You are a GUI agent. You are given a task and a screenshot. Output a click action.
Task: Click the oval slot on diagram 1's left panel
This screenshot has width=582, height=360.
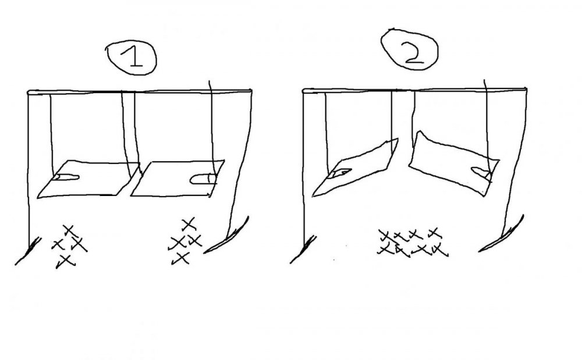[66, 177]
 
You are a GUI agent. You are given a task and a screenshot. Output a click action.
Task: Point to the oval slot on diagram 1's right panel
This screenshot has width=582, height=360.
[203, 179]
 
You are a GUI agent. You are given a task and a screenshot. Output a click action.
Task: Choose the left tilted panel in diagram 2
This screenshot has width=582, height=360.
[355, 167]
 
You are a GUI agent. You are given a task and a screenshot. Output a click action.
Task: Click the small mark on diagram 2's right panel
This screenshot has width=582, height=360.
[481, 172]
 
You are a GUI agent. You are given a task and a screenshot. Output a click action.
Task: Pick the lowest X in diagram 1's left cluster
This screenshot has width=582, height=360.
[65, 261]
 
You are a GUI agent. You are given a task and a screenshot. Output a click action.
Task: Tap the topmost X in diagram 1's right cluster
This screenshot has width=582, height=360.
[189, 224]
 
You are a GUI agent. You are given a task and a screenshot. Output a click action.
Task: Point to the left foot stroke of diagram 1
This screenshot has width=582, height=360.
[28, 251]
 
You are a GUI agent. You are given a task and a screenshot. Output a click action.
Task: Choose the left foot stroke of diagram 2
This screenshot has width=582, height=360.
[303, 249]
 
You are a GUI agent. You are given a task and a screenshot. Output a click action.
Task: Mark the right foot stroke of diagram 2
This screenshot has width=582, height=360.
[501, 233]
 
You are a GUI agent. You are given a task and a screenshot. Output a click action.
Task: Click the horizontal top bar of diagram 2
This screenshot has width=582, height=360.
[414, 90]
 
